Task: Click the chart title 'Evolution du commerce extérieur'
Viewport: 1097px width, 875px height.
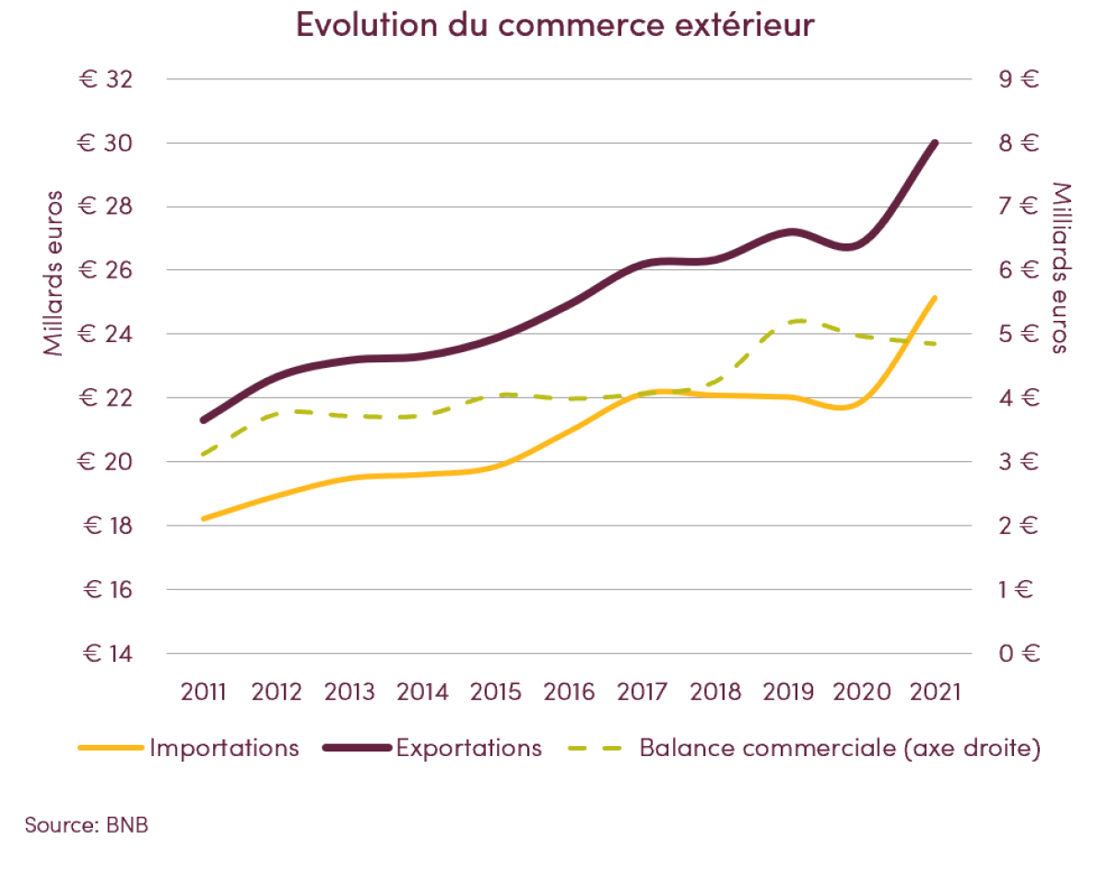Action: point(555,25)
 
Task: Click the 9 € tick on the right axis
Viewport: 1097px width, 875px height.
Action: point(1019,79)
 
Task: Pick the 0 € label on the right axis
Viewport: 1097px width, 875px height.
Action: point(1019,654)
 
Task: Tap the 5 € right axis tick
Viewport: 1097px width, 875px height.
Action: point(1019,335)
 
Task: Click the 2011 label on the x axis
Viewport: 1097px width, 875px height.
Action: point(204,692)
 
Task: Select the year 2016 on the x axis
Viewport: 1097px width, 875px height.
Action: point(569,692)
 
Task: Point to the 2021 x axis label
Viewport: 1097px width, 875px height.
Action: point(935,692)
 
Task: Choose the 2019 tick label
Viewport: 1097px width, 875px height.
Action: point(789,692)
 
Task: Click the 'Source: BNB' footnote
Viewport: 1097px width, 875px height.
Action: point(87,824)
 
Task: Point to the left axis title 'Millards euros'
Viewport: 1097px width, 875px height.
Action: point(54,272)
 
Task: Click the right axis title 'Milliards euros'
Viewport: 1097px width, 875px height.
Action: point(1061,267)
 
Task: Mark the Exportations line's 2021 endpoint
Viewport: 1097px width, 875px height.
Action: point(935,143)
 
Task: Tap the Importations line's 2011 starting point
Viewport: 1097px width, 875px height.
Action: point(204,518)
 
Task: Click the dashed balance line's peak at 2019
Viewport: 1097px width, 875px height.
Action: point(795,321)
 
